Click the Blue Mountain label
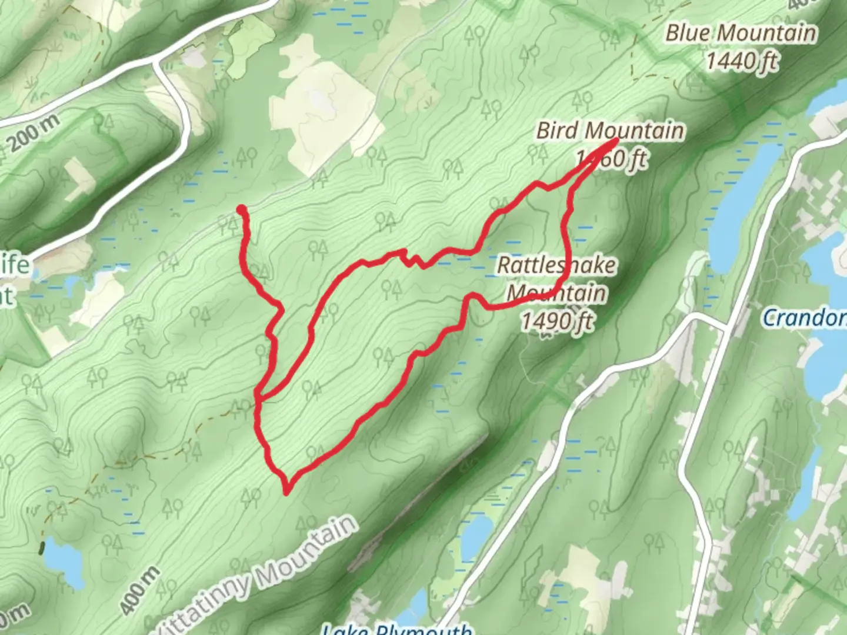[x=741, y=33]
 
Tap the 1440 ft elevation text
[x=742, y=61]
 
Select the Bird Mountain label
[x=610, y=131]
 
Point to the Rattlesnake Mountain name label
[x=556, y=278]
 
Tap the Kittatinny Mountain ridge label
[x=259, y=573]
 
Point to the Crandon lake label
[x=804, y=318]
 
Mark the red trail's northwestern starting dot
[x=241, y=209]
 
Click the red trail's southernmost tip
[x=286, y=492]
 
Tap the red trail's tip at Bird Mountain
[x=615, y=140]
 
